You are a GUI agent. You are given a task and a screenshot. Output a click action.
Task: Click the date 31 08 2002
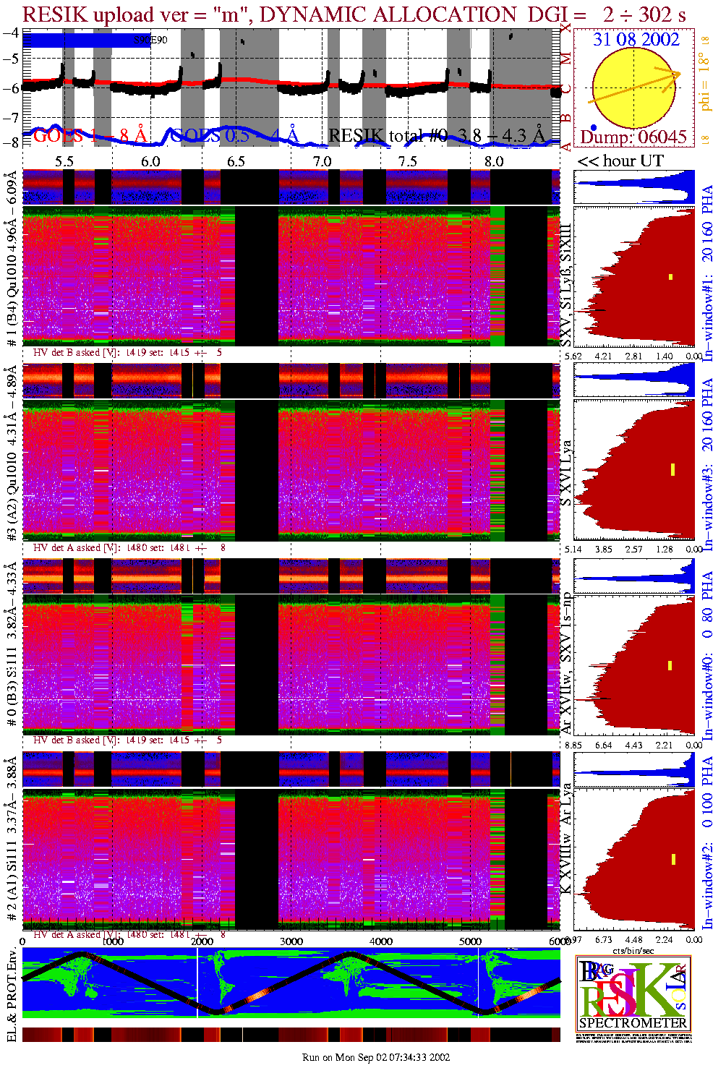tap(636, 39)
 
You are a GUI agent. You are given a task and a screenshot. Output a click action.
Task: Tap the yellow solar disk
tap(635, 87)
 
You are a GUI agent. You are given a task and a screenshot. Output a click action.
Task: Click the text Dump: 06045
tap(633, 137)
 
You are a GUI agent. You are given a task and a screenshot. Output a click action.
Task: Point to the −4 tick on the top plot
tap(11, 33)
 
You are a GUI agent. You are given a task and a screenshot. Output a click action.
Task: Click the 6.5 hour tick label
tap(236, 161)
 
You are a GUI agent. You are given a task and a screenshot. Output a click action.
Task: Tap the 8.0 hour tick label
tap(494, 161)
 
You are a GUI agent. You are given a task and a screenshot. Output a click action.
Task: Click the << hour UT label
tap(620, 161)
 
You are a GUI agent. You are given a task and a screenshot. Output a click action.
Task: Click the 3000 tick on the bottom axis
tap(291, 941)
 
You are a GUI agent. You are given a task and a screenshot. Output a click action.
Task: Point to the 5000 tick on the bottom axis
tap(470, 941)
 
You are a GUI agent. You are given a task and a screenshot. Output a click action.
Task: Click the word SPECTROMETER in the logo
tap(633, 1022)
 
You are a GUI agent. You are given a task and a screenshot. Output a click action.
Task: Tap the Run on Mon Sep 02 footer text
tap(376, 1057)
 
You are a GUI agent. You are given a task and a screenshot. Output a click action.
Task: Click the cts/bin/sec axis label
tap(633, 950)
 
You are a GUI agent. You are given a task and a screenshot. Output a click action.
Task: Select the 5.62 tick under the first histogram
tap(573, 356)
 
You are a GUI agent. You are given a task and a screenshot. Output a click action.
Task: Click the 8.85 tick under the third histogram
tap(573, 745)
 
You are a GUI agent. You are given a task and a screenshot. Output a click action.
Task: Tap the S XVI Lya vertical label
tap(566, 473)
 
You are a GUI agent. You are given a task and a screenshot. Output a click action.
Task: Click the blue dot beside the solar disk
tap(594, 127)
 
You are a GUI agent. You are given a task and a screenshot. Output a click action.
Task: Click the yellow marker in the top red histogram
tap(670, 277)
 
